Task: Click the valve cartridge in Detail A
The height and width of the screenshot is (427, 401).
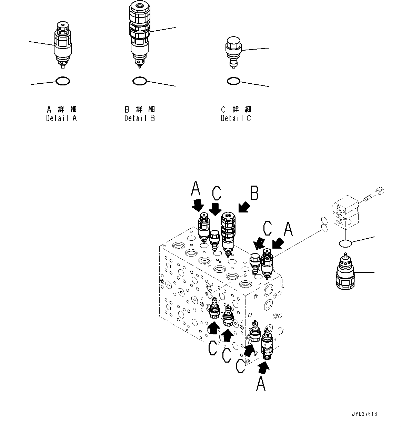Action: point(63,45)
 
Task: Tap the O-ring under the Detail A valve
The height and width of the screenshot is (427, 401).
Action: point(63,81)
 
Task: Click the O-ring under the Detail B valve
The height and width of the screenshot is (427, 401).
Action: point(140,81)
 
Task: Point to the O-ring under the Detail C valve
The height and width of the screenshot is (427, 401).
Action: point(233,81)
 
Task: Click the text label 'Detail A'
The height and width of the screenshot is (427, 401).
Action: point(61,118)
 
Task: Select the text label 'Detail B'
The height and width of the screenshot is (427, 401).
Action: point(140,118)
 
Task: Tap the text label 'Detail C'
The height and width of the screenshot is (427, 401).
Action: point(236,118)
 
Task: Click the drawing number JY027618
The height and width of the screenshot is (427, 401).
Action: point(364,414)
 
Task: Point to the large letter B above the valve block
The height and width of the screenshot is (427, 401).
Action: point(254,194)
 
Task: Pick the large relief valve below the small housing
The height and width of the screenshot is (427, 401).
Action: point(345,272)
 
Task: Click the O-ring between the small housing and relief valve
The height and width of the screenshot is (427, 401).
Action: point(345,243)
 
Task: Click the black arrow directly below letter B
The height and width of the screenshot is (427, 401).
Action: point(244,207)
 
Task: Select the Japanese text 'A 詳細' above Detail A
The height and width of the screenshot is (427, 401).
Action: point(61,109)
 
